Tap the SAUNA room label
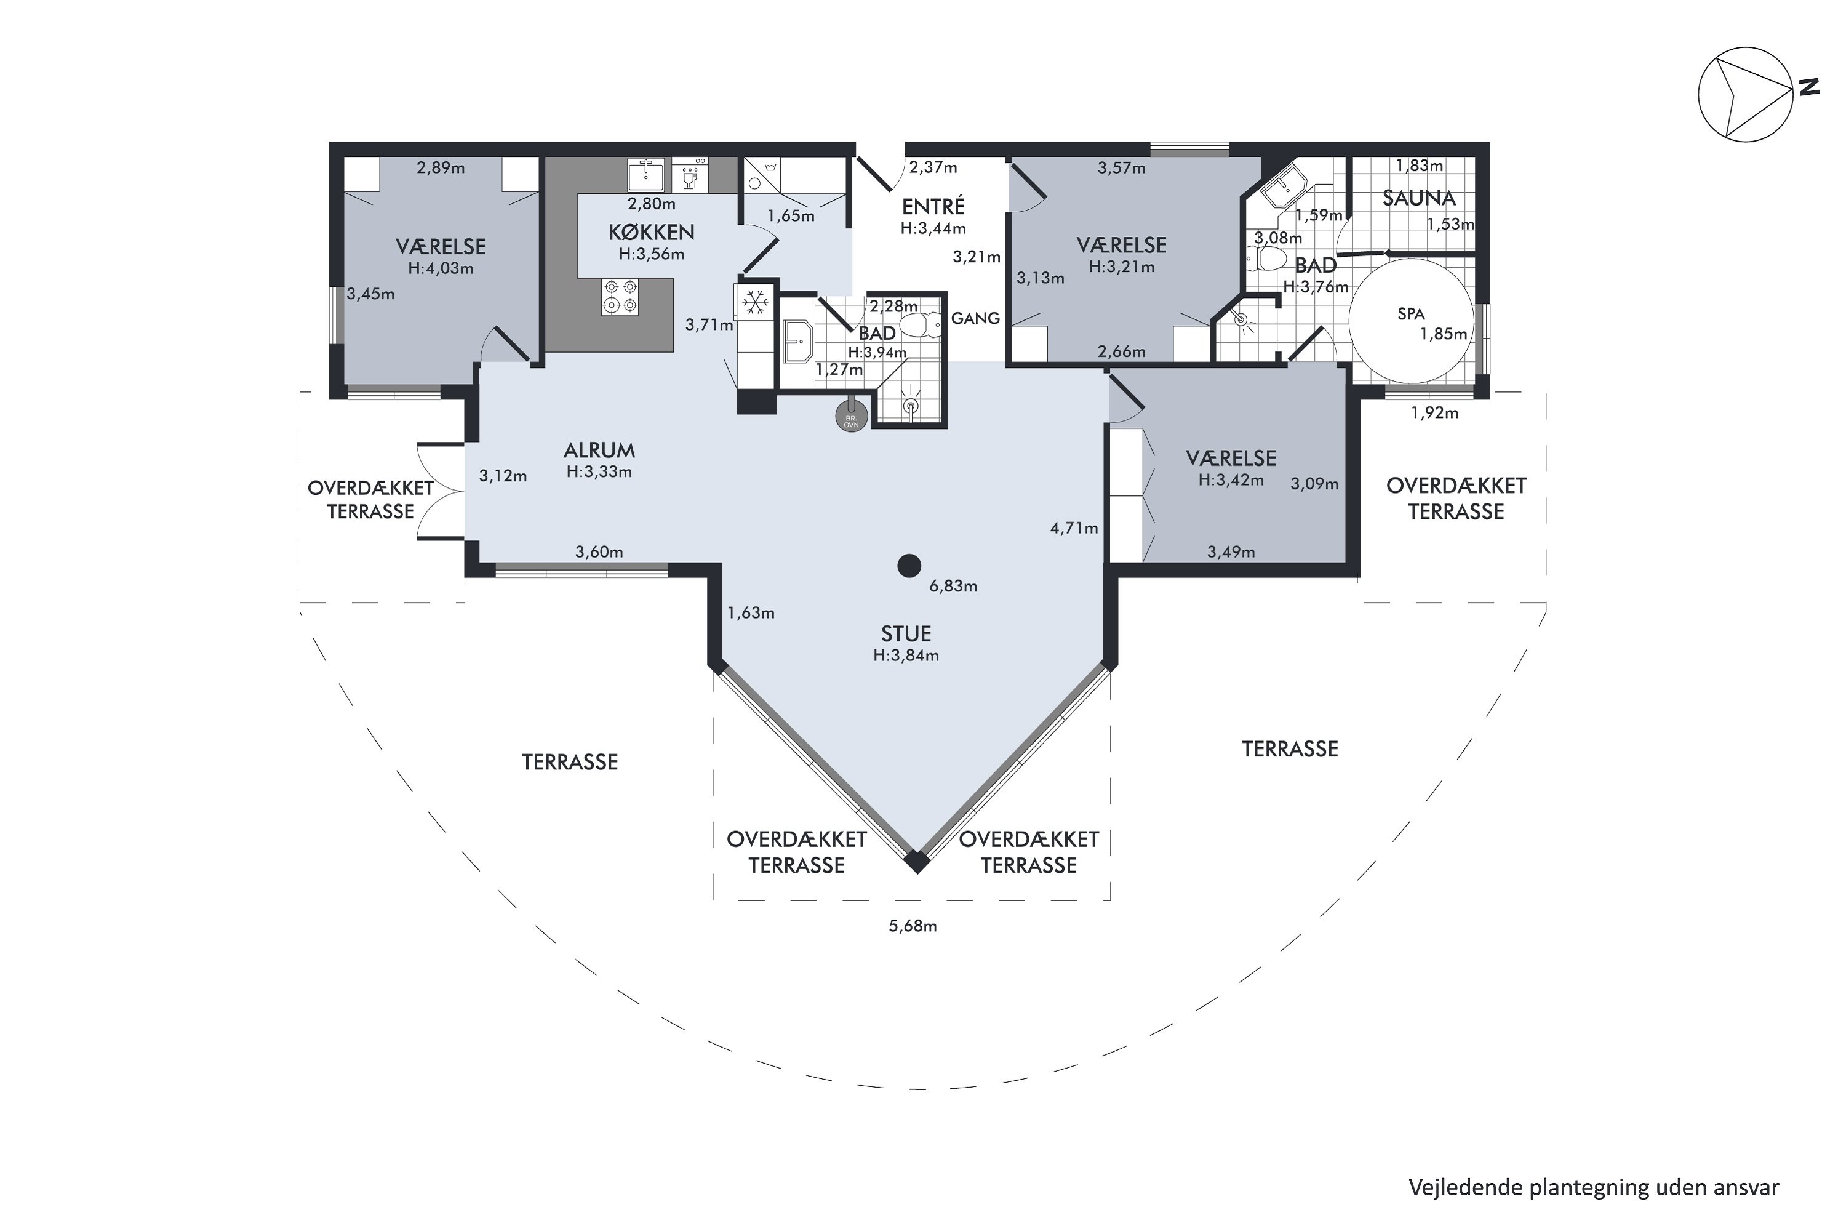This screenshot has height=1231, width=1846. click(x=1418, y=198)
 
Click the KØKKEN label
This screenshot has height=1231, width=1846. click(x=652, y=233)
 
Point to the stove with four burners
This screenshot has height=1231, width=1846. click(x=620, y=297)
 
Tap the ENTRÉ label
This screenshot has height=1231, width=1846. click(x=933, y=206)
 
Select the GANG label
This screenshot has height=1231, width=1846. click(x=975, y=318)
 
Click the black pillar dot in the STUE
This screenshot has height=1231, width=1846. click(x=909, y=565)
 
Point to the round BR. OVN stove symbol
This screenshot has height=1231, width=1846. click(x=852, y=414)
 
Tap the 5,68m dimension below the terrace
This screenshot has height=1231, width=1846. click(x=913, y=926)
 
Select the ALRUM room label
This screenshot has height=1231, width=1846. click(x=599, y=451)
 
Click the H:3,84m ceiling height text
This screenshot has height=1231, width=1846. click(x=906, y=656)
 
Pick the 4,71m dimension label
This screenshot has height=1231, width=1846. click(x=1074, y=528)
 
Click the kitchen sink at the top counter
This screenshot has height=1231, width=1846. click(x=647, y=174)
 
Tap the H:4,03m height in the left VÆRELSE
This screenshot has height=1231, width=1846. click(x=441, y=268)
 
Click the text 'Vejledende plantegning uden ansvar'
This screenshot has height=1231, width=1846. click(x=1593, y=1188)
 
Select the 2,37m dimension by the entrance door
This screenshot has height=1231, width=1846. click(x=933, y=167)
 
